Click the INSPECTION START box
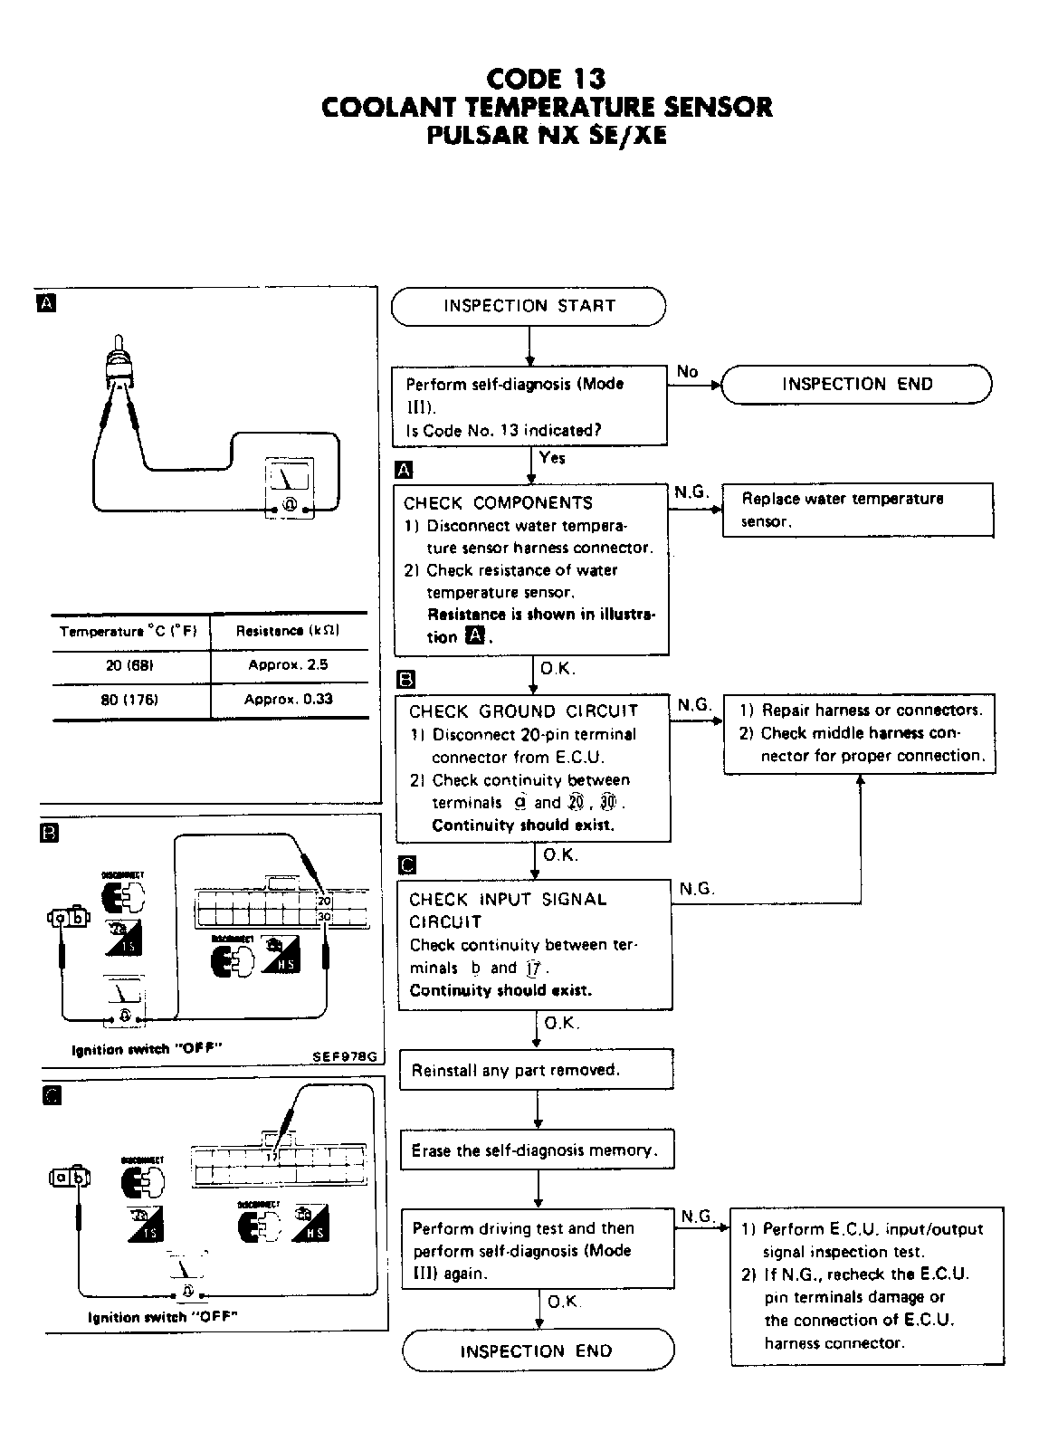click(529, 306)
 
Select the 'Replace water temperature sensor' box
click(857, 510)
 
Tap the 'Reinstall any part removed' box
click(537, 1070)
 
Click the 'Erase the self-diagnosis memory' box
click(538, 1150)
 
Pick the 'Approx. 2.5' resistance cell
click(288, 664)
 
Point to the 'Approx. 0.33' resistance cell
click(288, 700)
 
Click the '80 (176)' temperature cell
click(130, 700)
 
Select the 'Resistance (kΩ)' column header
click(288, 631)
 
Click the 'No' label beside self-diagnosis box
click(688, 372)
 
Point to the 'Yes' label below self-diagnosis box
click(552, 458)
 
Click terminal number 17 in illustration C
click(271, 1157)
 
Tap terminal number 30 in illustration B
click(325, 917)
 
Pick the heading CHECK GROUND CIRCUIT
click(523, 711)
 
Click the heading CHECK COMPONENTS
click(498, 503)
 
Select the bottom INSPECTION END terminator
click(538, 1351)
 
